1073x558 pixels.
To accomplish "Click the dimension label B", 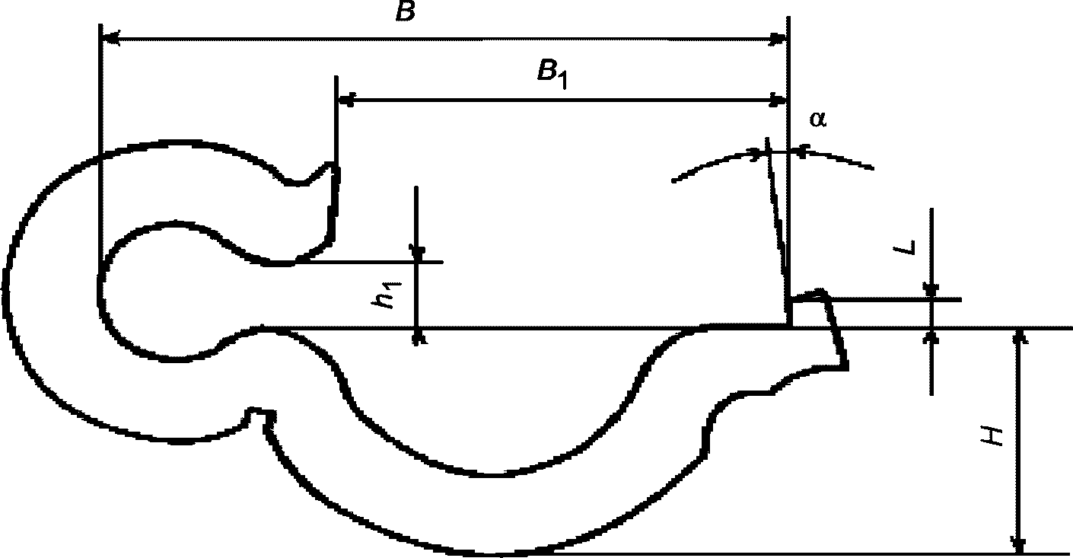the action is (x=405, y=13).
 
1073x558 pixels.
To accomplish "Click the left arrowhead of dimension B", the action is (x=109, y=37).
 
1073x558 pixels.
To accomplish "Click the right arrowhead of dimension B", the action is (x=779, y=39).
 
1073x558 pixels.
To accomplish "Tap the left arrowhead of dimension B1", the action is (x=345, y=98).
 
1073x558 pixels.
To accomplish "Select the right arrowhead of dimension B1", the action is (x=779, y=100).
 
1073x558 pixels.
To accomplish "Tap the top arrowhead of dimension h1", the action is (x=417, y=253).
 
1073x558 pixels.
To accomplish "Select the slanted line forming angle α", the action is (x=776, y=213).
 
